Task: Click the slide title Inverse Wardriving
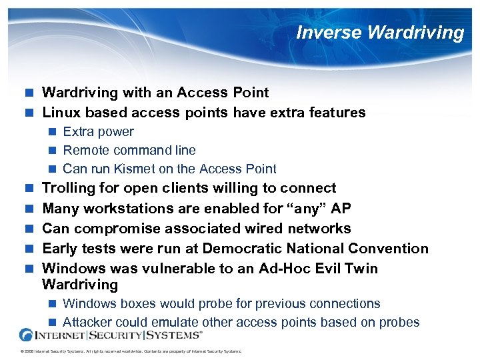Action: tap(380, 33)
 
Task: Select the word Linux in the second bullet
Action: tap(61, 113)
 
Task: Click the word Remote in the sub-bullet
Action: tap(85, 150)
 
